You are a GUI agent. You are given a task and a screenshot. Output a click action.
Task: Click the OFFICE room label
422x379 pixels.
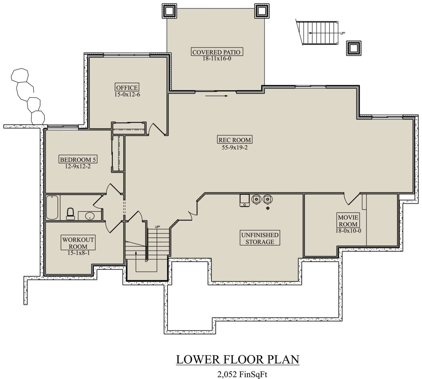(x=127, y=87)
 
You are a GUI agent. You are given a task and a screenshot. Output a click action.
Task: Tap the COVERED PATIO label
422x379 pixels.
(x=217, y=52)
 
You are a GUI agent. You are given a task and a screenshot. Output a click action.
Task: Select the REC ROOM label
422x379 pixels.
(x=235, y=140)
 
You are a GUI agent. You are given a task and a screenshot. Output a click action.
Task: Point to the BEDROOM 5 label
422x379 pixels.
(x=78, y=160)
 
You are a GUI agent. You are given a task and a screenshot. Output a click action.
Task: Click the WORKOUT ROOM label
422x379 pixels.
(x=78, y=243)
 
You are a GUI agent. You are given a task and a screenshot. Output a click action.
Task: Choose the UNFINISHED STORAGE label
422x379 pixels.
(x=260, y=238)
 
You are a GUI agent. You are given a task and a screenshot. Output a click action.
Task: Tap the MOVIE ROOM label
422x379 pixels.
(x=348, y=220)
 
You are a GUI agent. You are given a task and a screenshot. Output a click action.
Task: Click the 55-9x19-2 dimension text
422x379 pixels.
(x=235, y=148)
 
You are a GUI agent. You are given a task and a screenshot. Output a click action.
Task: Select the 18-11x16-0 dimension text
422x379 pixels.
(x=217, y=58)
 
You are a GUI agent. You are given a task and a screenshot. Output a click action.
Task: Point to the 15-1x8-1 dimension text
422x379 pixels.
(x=78, y=253)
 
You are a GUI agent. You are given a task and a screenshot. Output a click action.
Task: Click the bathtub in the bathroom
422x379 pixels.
(x=52, y=207)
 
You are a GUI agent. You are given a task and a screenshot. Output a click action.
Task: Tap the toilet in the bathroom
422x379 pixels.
(x=70, y=214)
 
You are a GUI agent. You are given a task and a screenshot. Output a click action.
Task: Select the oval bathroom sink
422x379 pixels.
(x=90, y=216)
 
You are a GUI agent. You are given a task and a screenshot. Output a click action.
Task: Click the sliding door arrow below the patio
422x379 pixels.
(x=217, y=96)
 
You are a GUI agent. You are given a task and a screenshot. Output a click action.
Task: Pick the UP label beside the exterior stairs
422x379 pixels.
(x=343, y=33)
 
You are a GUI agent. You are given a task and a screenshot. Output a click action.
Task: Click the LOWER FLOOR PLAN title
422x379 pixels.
(x=238, y=359)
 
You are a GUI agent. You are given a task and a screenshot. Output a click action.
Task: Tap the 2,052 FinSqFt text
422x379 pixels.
(x=242, y=374)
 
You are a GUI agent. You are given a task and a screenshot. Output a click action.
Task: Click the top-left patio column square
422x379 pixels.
(x=169, y=11)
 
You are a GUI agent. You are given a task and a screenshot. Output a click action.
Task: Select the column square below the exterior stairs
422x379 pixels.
(x=354, y=48)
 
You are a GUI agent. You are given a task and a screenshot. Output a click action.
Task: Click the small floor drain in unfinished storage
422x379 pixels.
(x=268, y=208)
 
